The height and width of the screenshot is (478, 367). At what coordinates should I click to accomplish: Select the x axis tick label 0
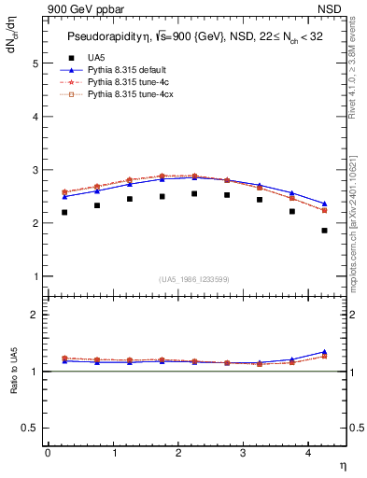pyautogui.click(x=48, y=452)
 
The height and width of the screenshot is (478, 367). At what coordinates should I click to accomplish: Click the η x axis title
pyautogui.click(x=342, y=464)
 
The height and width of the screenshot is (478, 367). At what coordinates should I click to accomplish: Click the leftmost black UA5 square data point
pyautogui.click(x=64, y=213)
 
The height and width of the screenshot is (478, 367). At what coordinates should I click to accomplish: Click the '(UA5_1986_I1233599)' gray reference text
pyautogui.click(x=194, y=280)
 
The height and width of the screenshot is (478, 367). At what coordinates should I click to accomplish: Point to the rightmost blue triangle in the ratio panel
pyautogui.click(x=324, y=352)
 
